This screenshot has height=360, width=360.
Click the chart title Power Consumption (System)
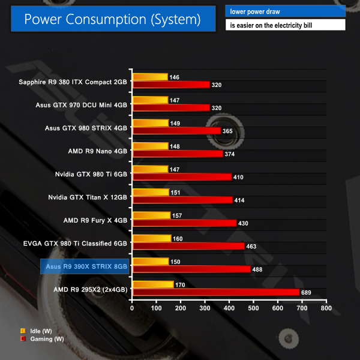112,19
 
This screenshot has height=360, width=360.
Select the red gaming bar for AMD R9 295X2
215,292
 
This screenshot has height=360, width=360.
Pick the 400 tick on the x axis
229,308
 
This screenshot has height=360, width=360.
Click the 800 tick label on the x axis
326,308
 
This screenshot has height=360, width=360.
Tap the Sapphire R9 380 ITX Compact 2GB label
73,81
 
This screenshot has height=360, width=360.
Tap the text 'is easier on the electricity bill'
285,25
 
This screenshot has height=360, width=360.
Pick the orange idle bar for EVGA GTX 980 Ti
152,238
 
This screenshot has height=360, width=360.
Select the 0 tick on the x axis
133,308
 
